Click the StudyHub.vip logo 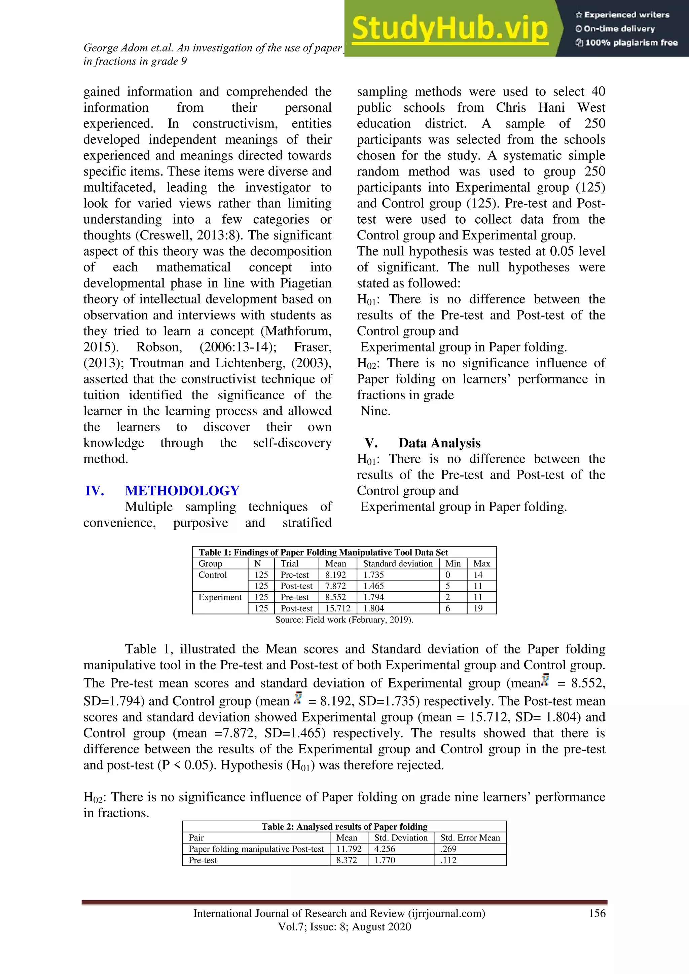450,29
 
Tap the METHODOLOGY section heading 182,490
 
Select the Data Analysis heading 439,443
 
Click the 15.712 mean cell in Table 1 338,608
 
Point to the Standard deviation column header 398,563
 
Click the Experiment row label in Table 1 220,597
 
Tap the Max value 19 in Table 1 478,608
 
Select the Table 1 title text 323,552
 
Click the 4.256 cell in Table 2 385,849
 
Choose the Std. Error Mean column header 470,837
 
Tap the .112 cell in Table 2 448,860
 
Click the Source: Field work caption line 344,620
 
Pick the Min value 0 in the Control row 447,575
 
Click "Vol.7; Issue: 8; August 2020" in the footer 344,927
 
